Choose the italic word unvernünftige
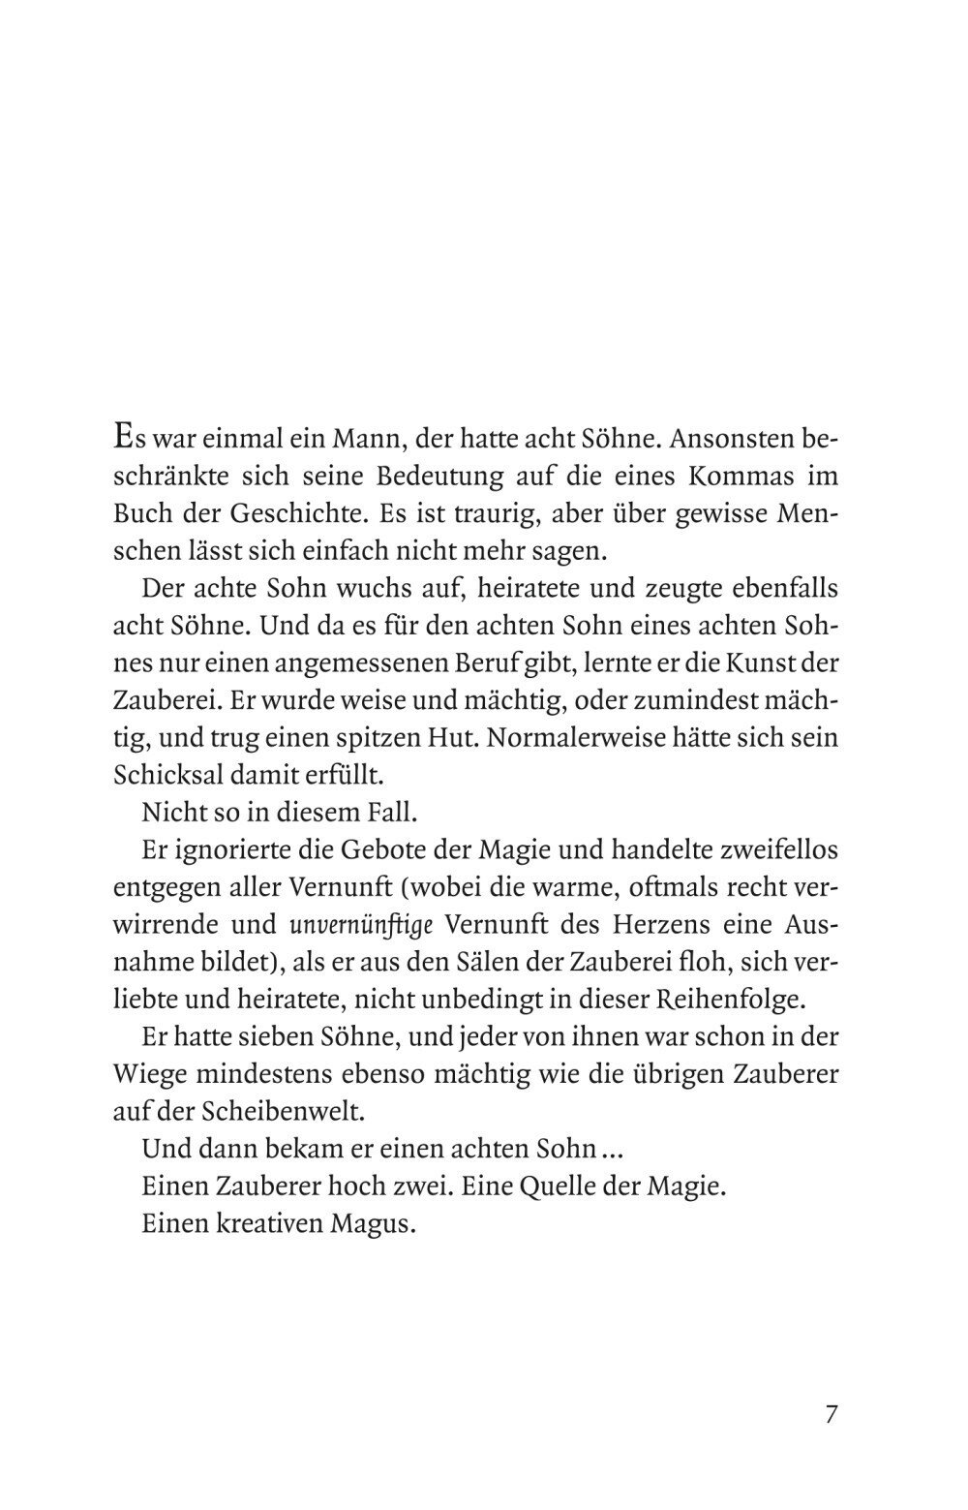tap(365, 925)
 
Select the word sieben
tap(263, 1037)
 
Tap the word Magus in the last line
tap(373, 1224)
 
